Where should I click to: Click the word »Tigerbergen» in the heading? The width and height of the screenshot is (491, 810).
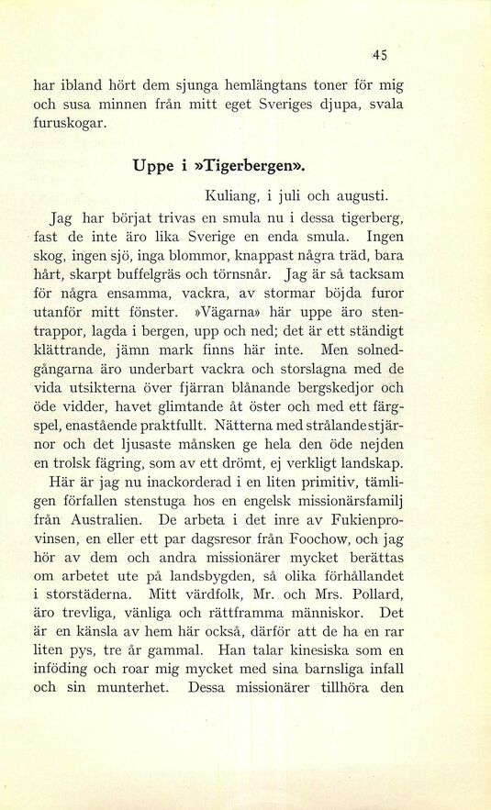click(x=250, y=167)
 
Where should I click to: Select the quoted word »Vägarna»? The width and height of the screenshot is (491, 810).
click(x=228, y=313)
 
